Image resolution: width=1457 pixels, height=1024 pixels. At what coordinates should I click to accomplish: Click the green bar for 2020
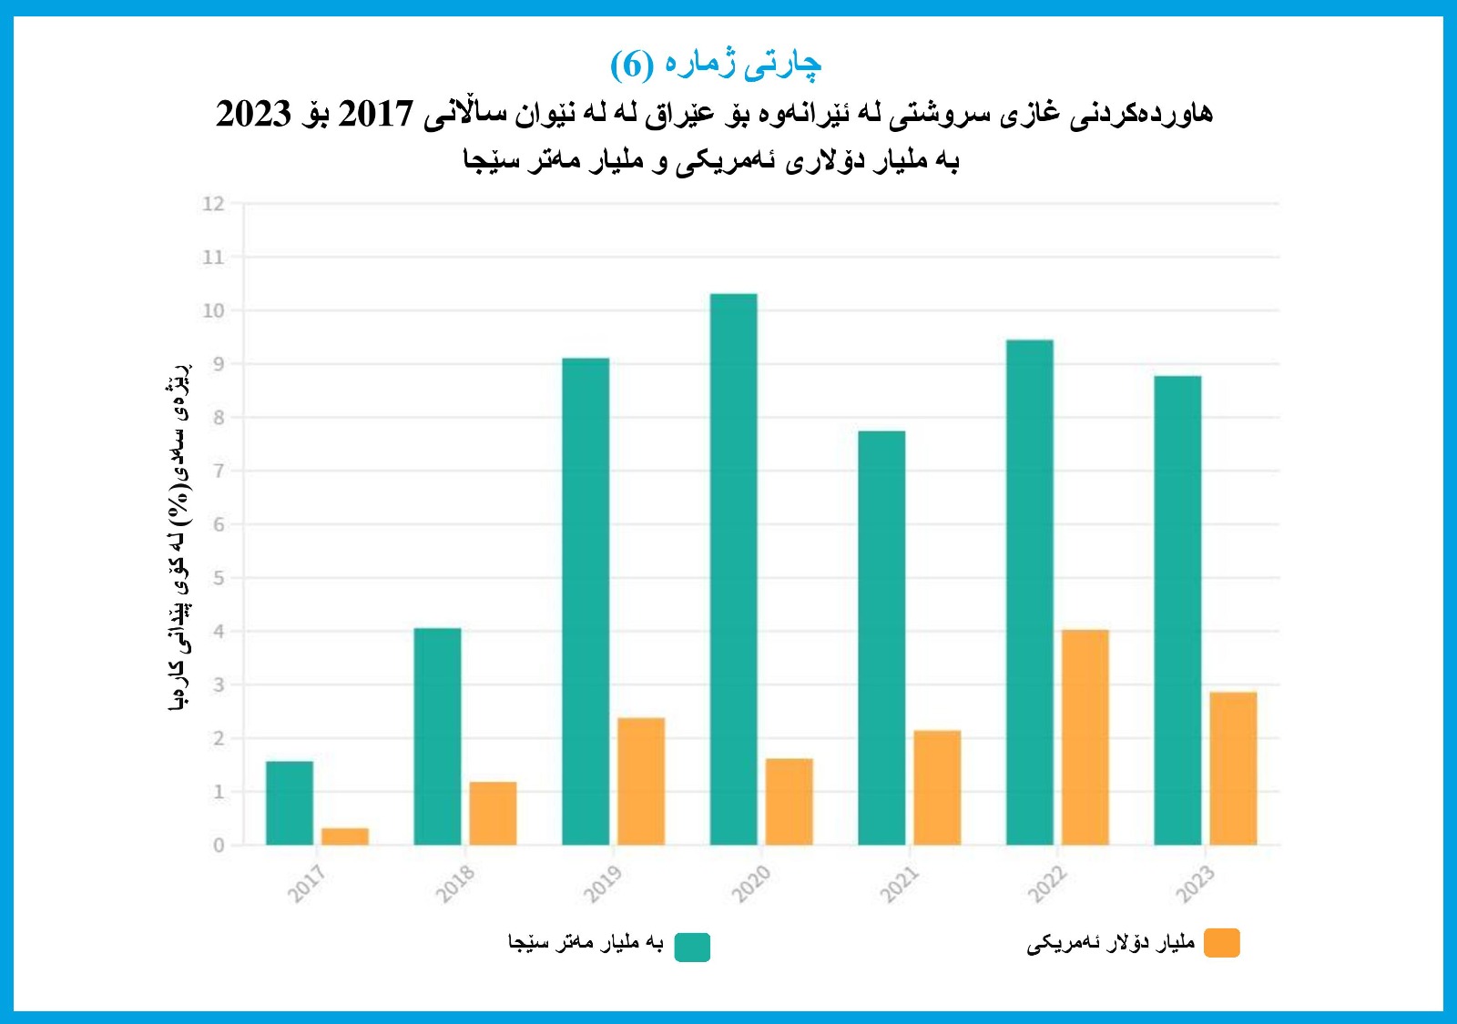tap(733, 569)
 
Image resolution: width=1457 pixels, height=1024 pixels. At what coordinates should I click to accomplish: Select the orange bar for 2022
tap(1085, 737)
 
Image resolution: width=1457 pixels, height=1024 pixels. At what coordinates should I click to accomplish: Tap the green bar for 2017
tap(290, 803)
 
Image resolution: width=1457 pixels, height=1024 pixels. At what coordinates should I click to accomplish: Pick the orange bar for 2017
tap(345, 836)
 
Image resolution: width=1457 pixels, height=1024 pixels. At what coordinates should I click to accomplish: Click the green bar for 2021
tap(881, 637)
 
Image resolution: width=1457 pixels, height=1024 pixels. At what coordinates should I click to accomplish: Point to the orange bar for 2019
tap(641, 781)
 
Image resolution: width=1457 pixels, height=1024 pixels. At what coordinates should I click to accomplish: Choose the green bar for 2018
tap(437, 736)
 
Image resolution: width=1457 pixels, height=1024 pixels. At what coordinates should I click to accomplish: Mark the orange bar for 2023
tap(1233, 768)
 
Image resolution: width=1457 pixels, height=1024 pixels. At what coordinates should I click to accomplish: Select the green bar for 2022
tap(1029, 592)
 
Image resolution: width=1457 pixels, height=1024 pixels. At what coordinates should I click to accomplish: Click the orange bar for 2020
tap(789, 801)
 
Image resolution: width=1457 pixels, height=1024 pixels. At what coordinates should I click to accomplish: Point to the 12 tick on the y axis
tap(213, 204)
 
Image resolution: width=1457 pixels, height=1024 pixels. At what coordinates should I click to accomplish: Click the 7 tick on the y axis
tap(218, 471)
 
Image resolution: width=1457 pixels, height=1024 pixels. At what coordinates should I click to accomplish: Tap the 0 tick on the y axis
tap(218, 846)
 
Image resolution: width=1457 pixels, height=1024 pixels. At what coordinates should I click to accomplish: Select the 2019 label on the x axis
tap(603, 883)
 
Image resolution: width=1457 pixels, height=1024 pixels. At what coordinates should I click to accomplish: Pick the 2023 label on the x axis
tap(1195, 883)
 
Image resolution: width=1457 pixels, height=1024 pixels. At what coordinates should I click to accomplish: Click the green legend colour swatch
tap(692, 947)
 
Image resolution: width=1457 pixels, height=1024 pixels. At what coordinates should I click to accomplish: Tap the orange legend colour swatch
tap(1221, 943)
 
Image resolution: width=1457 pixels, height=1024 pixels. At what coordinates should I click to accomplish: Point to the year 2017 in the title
tap(375, 115)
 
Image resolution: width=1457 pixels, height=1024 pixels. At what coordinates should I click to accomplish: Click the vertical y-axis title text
tap(180, 537)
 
